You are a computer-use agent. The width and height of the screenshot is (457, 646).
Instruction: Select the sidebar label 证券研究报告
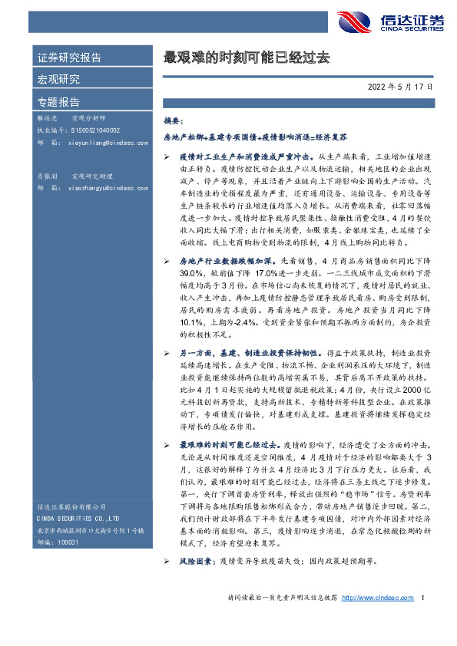(x=69, y=58)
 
